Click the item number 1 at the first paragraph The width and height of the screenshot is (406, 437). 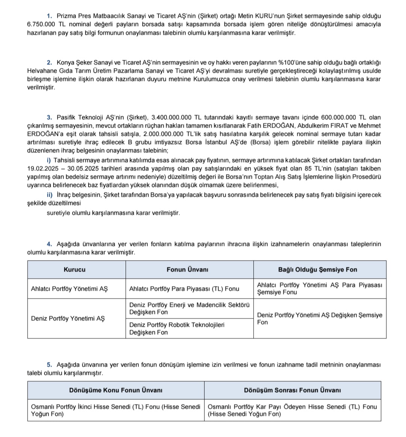click(49, 16)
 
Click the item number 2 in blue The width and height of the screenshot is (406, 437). click(49, 63)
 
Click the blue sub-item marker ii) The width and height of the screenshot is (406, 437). click(50, 195)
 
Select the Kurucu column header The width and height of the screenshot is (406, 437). click(74, 269)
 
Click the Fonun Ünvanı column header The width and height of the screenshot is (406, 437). click(187, 269)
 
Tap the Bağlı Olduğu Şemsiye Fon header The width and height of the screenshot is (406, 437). click(317, 269)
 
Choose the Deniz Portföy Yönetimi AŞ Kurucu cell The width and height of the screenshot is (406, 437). click(68, 318)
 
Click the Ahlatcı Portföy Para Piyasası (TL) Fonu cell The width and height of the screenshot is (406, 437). click(184, 289)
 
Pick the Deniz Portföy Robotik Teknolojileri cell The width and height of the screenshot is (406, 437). click(177, 328)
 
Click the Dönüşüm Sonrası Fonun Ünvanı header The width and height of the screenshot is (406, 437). click(292, 390)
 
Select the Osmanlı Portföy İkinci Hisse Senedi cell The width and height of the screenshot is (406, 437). click(115, 410)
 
